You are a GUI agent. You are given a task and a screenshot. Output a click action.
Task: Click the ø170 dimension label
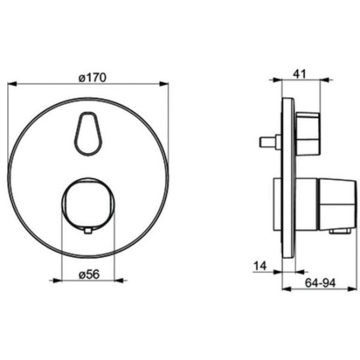pos(92,78)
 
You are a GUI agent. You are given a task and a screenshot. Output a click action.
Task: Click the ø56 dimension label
pos(89,275)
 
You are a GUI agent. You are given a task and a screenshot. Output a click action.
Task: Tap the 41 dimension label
pos(300,74)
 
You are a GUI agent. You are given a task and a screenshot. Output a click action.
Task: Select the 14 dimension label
pos(260,266)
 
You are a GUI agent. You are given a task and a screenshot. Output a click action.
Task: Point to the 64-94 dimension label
pos(320,282)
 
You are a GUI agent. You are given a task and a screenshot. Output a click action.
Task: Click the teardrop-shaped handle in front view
pos(89,133)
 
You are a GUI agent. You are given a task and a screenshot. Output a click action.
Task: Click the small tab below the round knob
pos(88,231)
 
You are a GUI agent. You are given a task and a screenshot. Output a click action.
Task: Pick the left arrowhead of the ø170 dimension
pos(12,84)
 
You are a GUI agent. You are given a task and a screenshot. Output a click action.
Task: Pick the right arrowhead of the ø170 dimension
pos(164,84)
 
